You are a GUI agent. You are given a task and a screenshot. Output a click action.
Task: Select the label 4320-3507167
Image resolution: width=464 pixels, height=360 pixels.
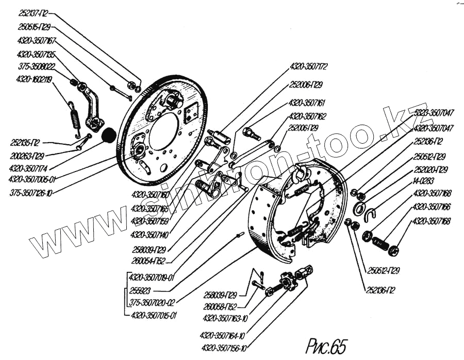[x=36, y=40]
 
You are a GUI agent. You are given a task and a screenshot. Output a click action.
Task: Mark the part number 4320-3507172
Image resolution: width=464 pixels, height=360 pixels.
[x=309, y=67]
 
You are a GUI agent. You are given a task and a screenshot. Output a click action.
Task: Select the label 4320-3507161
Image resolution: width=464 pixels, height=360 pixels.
[x=307, y=102]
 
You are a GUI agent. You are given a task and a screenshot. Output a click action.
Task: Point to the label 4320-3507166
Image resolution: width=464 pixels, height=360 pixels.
[x=432, y=208]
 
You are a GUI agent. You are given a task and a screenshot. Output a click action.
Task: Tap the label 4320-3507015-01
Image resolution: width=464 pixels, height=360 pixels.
[x=154, y=315]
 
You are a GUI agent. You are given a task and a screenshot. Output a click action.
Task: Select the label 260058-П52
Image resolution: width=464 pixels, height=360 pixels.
[x=223, y=306]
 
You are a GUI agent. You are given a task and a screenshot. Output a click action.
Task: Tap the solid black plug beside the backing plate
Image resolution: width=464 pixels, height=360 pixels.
[x=108, y=135]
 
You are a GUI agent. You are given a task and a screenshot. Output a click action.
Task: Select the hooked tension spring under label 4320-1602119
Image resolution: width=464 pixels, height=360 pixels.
[x=75, y=118]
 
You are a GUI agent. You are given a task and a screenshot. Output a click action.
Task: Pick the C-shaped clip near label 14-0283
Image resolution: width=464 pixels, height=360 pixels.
[x=370, y=214]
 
